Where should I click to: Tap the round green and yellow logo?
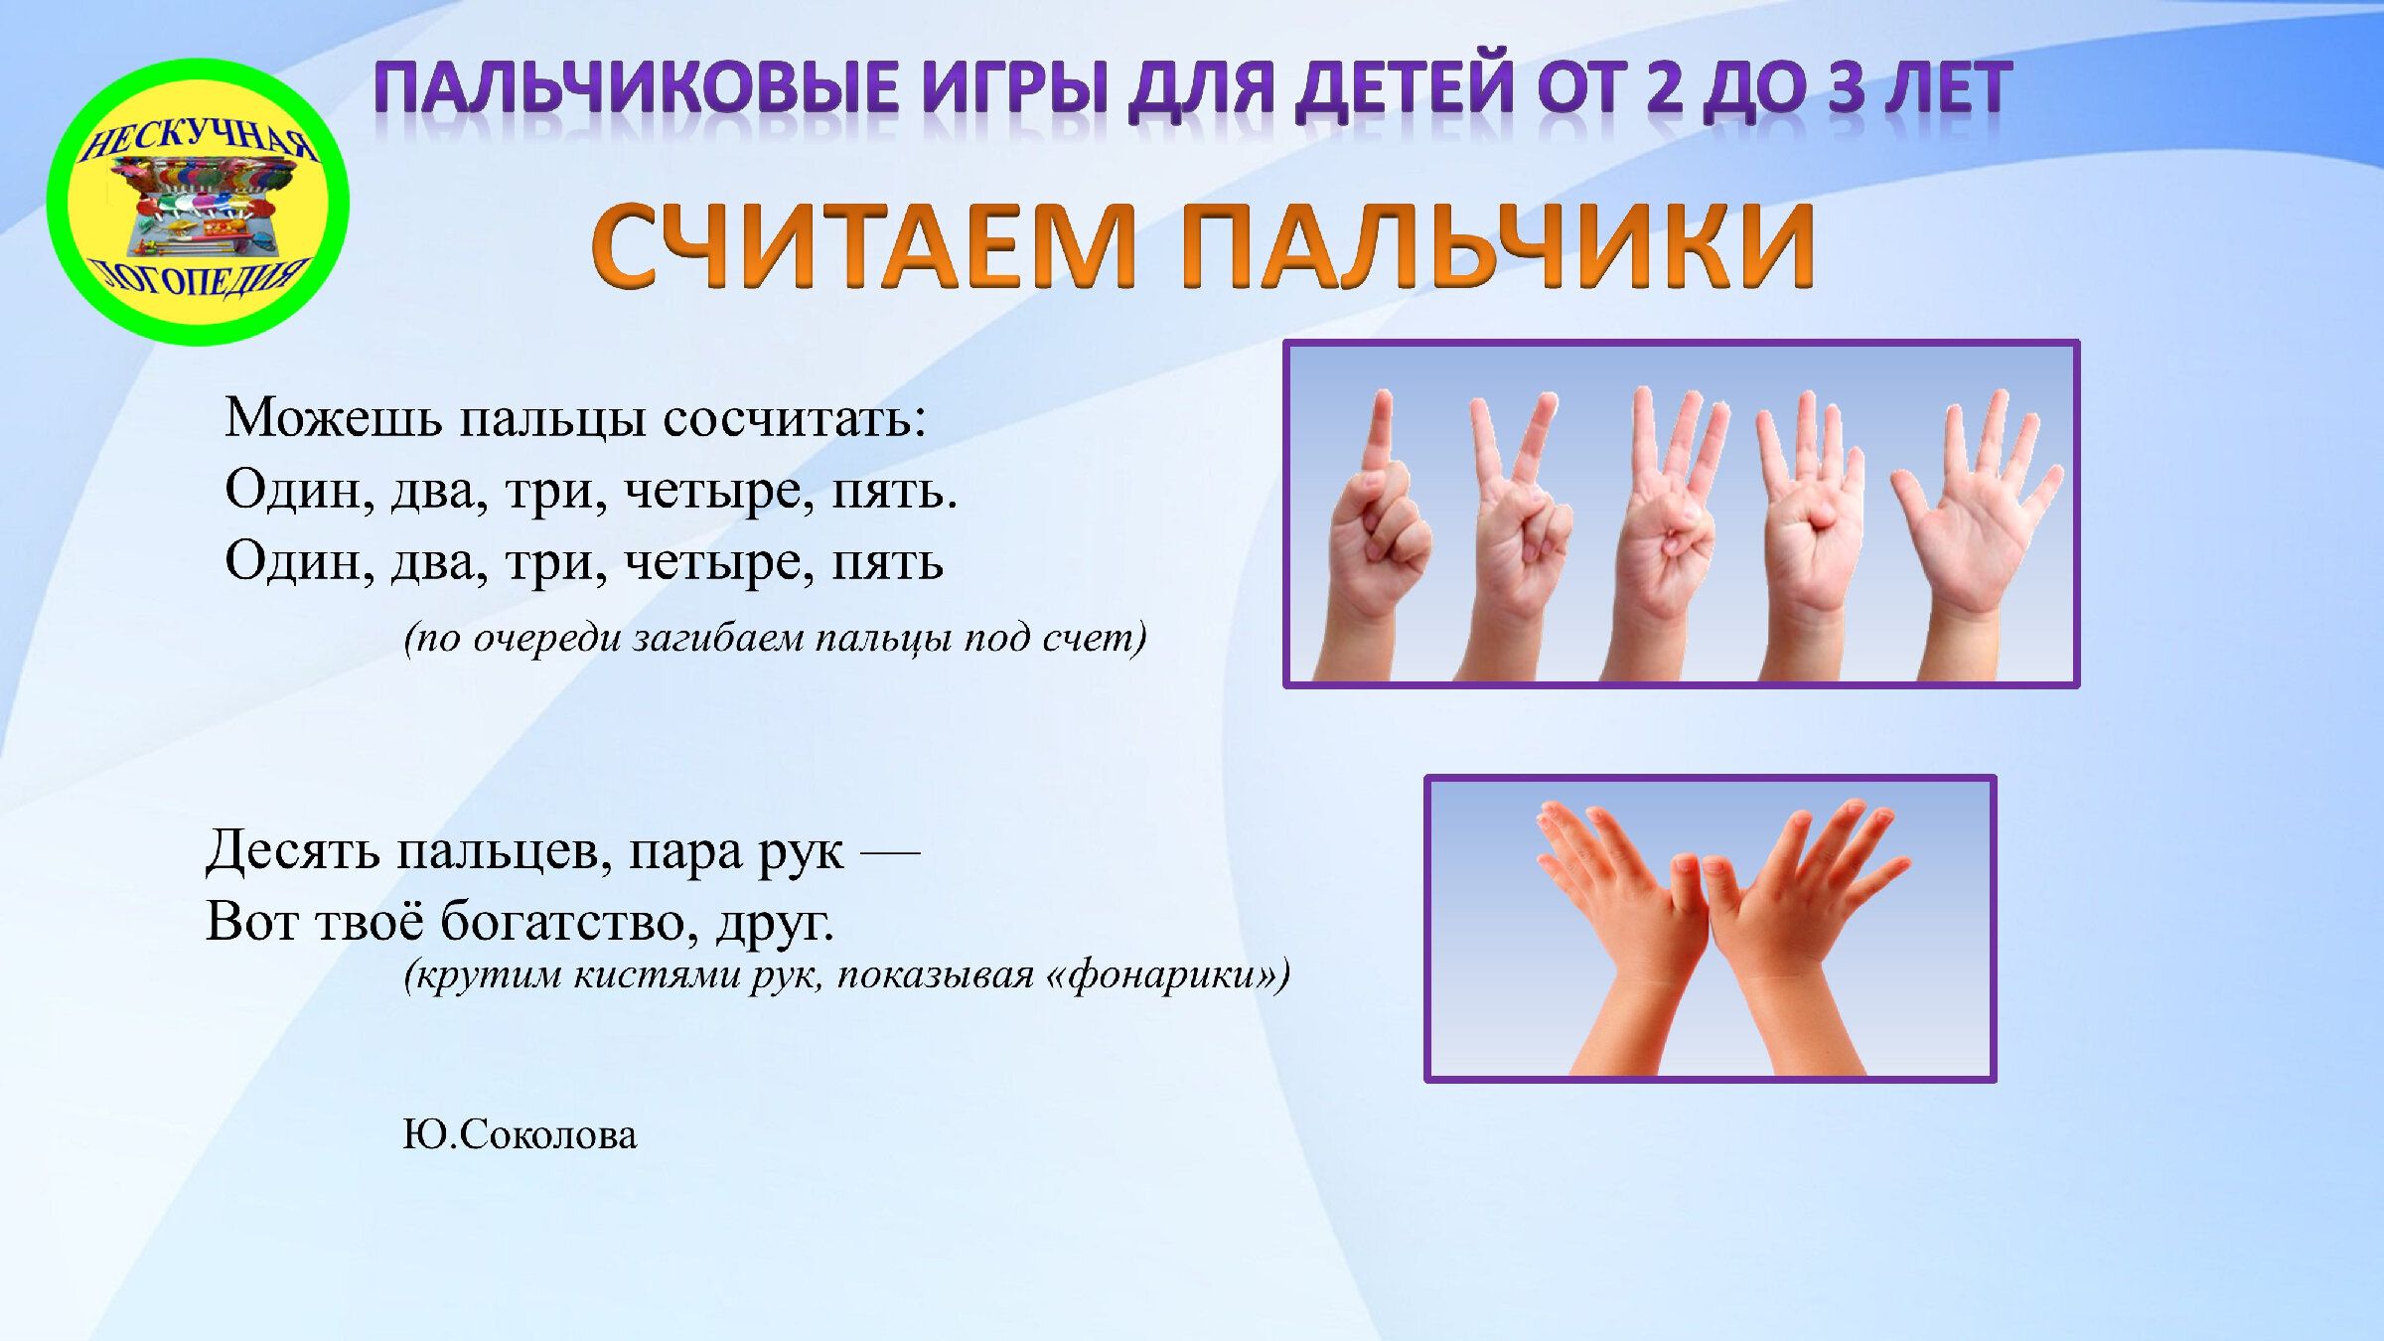click(x=198, y=202)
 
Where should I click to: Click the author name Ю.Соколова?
click(x=520, y=1135)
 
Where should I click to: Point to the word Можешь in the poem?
click(x=333, y=417)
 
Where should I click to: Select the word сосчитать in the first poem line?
click(x=795, y=419)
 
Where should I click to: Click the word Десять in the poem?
click(x=293, y=851)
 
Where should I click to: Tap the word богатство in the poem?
click(x=570, y=921)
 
